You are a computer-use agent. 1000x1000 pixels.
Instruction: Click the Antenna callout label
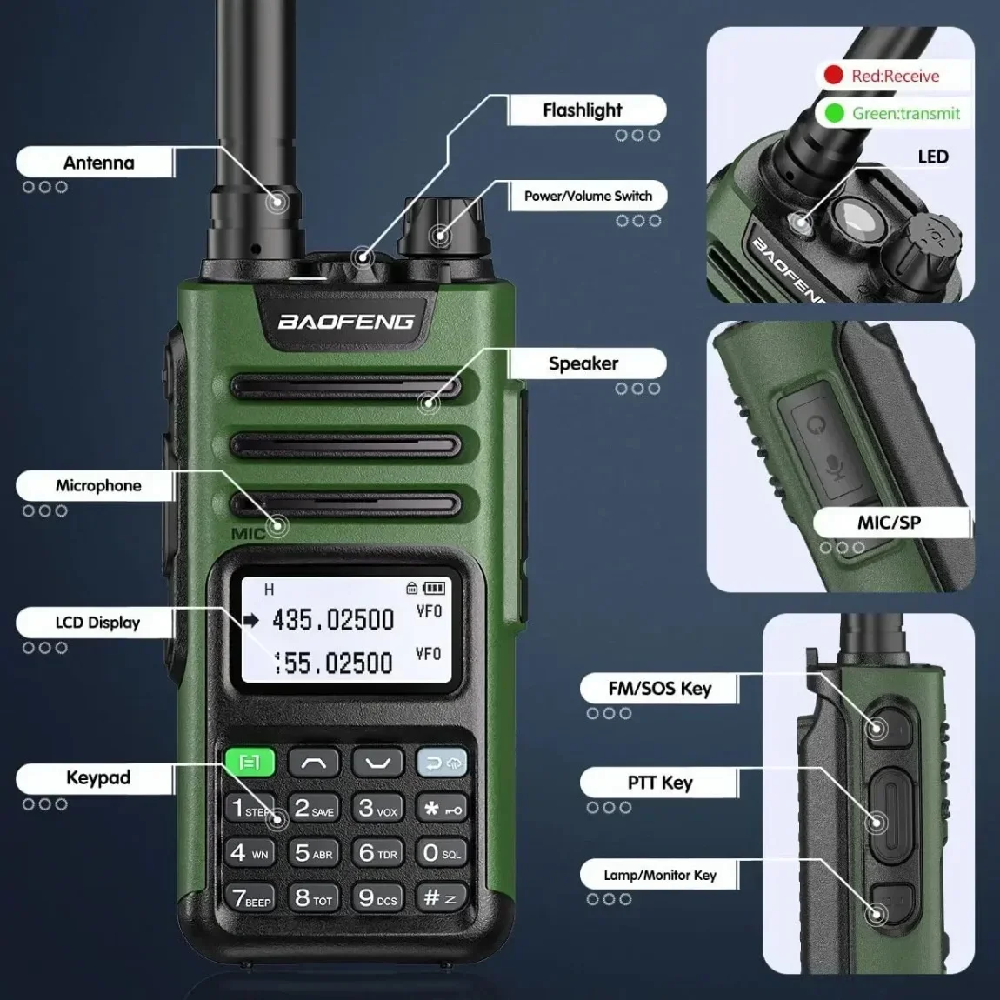click(98, 163)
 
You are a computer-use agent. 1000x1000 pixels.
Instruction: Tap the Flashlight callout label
click(583, 110)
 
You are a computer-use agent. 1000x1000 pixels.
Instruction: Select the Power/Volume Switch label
click(588, 196)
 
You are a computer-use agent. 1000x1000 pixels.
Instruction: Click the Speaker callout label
click(583, 363)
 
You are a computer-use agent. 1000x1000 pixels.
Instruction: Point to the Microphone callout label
click(98, 486)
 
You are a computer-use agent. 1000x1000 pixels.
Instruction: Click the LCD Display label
click(97, 623)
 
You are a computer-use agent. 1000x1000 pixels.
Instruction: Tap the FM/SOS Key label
click(660, 689)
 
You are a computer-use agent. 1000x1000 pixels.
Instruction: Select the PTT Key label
click(660, 783)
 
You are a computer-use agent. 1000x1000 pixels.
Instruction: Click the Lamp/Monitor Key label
click(660, 875)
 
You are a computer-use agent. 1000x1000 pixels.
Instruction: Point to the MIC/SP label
click(889, 522)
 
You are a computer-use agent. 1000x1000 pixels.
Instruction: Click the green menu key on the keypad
click(250, 763)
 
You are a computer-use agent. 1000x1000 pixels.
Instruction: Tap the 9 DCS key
click(377, 897)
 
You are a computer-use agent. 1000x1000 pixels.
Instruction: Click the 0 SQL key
click(441, 853)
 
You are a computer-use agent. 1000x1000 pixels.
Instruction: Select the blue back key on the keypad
click(442, 763)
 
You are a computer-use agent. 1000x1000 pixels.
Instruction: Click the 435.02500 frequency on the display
click(333, 620)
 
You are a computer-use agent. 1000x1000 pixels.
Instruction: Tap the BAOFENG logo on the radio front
click(346, 322)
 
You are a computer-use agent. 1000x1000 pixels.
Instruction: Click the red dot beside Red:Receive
click(833, 76)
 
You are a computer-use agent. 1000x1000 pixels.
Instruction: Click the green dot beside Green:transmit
click(834, 113)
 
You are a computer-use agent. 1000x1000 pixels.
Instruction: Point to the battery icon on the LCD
click(434, 589)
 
